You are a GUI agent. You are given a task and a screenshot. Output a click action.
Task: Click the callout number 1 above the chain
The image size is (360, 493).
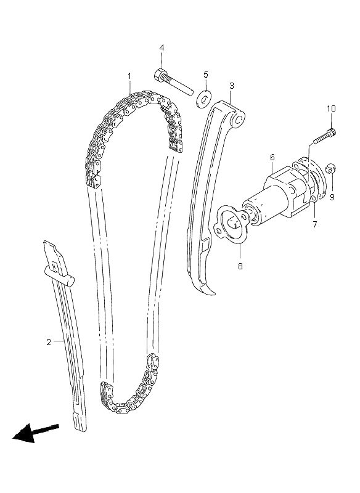129,76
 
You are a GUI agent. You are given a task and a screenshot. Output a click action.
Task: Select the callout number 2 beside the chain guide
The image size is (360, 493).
49,342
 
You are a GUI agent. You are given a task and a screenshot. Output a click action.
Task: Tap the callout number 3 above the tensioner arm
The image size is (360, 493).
232,86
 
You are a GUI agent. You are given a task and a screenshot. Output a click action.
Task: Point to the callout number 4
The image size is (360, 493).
162,48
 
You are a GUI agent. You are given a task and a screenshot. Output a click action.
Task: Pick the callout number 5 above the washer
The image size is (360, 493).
206,75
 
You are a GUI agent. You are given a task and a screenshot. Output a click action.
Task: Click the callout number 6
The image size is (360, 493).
272,157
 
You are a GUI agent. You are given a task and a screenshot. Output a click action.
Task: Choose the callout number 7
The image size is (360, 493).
315,224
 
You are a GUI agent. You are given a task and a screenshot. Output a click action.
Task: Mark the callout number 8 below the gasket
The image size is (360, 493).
240,266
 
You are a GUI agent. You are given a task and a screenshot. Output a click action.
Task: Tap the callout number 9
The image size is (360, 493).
332,197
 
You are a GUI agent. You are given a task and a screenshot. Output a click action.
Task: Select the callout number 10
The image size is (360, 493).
331,109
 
